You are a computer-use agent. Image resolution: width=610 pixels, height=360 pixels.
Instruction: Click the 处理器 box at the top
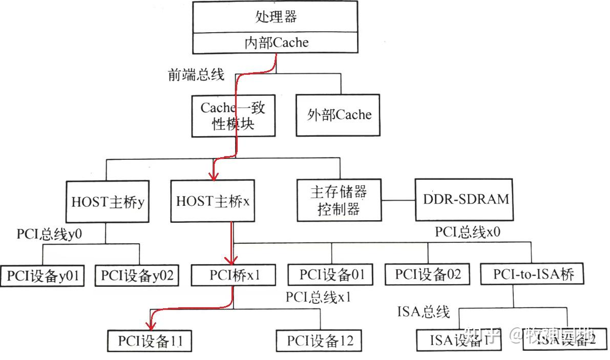(276, 17)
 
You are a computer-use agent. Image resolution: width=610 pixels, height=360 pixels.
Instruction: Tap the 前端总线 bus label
(196, 75)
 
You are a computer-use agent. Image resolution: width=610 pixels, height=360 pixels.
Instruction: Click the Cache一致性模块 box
(233, 115)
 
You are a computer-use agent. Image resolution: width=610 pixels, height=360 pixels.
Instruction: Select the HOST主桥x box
(213, 201)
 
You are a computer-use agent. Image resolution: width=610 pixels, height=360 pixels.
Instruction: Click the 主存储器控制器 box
(339, 200)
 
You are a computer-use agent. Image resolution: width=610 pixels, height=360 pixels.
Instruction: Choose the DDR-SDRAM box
(467, 199)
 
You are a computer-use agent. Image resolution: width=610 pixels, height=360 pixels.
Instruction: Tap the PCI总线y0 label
(49, 235)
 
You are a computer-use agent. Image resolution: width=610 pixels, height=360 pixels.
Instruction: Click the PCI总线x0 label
(468, 231)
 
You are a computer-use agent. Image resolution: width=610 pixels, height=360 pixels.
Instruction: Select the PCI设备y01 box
(43, 276)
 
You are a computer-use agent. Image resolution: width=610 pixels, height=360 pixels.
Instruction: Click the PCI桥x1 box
(234, 275)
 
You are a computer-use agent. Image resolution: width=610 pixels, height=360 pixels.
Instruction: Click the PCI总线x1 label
(318, 297)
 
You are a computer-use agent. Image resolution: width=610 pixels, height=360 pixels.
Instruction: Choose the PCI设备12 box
(320, 341)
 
